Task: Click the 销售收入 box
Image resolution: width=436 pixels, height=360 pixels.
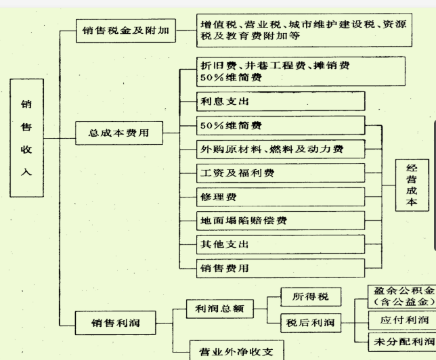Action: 26,138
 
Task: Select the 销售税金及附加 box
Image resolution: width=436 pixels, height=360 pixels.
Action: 126,30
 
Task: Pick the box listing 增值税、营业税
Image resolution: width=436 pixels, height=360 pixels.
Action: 304,30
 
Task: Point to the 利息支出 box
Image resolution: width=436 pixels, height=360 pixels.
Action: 272,102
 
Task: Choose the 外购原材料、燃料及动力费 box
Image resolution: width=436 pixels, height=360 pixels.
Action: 272,149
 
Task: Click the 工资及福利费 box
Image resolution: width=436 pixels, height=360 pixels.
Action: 272,173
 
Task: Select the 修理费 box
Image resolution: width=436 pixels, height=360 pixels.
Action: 272,196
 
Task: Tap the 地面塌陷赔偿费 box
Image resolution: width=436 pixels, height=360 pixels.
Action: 272,221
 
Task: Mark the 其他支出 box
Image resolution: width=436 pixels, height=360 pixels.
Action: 272,244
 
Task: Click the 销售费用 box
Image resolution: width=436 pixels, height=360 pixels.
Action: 272,268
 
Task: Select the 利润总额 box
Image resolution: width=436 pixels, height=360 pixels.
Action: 219,309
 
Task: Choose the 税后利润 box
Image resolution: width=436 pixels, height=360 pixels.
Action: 310,322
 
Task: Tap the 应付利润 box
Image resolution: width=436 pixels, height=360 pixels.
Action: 401,319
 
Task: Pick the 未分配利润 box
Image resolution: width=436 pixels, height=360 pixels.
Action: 401,341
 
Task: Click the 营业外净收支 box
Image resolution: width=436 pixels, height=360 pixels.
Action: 234,352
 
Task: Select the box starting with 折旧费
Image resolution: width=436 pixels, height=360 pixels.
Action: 272,71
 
